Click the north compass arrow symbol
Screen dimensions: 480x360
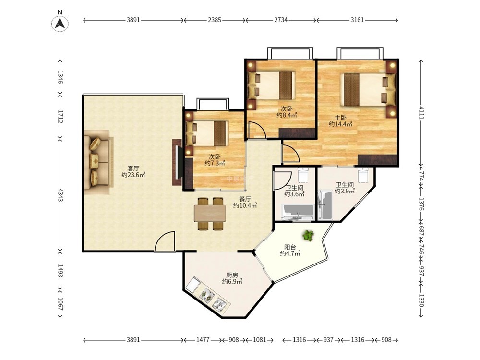click(60, 23)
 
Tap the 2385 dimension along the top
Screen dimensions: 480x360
click(214, 20)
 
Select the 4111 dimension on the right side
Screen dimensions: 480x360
click(421, 112)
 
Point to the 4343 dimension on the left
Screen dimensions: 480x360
click(60, 195)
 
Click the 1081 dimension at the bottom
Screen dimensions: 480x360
click(260, 340)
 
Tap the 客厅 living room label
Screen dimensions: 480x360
click(133, 168)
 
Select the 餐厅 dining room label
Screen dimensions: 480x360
click(245, 199)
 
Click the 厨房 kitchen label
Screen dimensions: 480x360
click(232, 275)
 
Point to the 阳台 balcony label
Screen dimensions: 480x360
click(290, 247)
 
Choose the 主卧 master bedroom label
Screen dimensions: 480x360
click(340, 118)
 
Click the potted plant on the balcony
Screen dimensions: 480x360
click(308, 235)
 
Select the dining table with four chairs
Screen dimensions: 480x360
click(210, 214)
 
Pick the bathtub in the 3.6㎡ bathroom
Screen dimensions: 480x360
click(298, 212)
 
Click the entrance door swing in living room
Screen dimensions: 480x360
click(165, 241)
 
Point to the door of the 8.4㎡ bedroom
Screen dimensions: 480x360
click(256, 130)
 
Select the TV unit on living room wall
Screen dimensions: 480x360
click(178, 162)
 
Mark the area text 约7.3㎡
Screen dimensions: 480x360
click(215, 163)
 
